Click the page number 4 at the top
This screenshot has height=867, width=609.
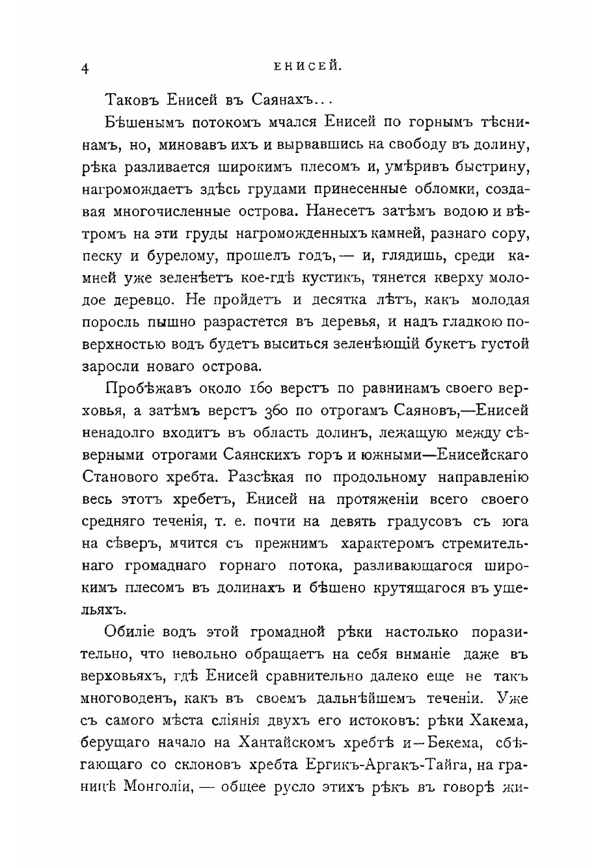click(84, 70)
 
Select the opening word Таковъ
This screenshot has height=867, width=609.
click(130, 100)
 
